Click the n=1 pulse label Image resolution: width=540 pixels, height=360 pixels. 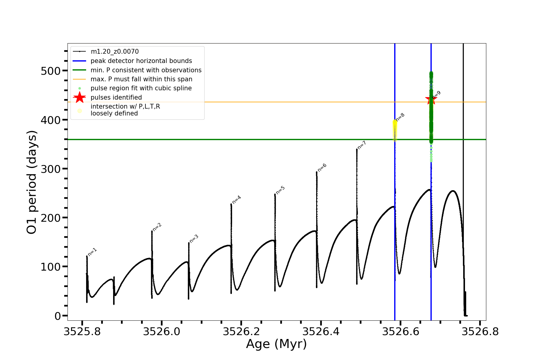[x=92, y=252]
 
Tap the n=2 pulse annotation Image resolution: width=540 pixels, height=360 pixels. [x=157, y=227]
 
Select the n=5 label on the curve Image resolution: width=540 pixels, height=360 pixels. [x=280, y=190]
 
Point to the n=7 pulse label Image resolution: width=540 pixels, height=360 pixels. [x=362, y=145]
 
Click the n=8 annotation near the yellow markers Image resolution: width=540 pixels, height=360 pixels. [x=400, y=117]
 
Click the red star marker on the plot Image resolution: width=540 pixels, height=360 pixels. [x=431, y=100]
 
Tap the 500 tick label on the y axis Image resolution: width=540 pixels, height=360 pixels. [x=50, y=71]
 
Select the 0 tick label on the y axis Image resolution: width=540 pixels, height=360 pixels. [x=58, y=316]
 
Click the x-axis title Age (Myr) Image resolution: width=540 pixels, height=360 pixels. [x=276, y=344]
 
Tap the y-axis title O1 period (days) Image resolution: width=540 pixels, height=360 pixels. [x=32, y=182]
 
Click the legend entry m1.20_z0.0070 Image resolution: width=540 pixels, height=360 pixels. [x=115, y=52]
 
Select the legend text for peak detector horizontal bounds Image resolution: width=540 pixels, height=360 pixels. [x=141, y=61]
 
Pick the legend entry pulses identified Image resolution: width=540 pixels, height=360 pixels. [x=116, y=97]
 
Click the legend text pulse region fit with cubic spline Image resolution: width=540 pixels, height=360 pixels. [x=141, y=88]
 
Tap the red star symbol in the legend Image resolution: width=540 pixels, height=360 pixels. [x=79, y=97]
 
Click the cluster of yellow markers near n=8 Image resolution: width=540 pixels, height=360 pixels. [x=395, y=130]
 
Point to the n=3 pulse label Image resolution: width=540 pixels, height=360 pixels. [x=194, y=239]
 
